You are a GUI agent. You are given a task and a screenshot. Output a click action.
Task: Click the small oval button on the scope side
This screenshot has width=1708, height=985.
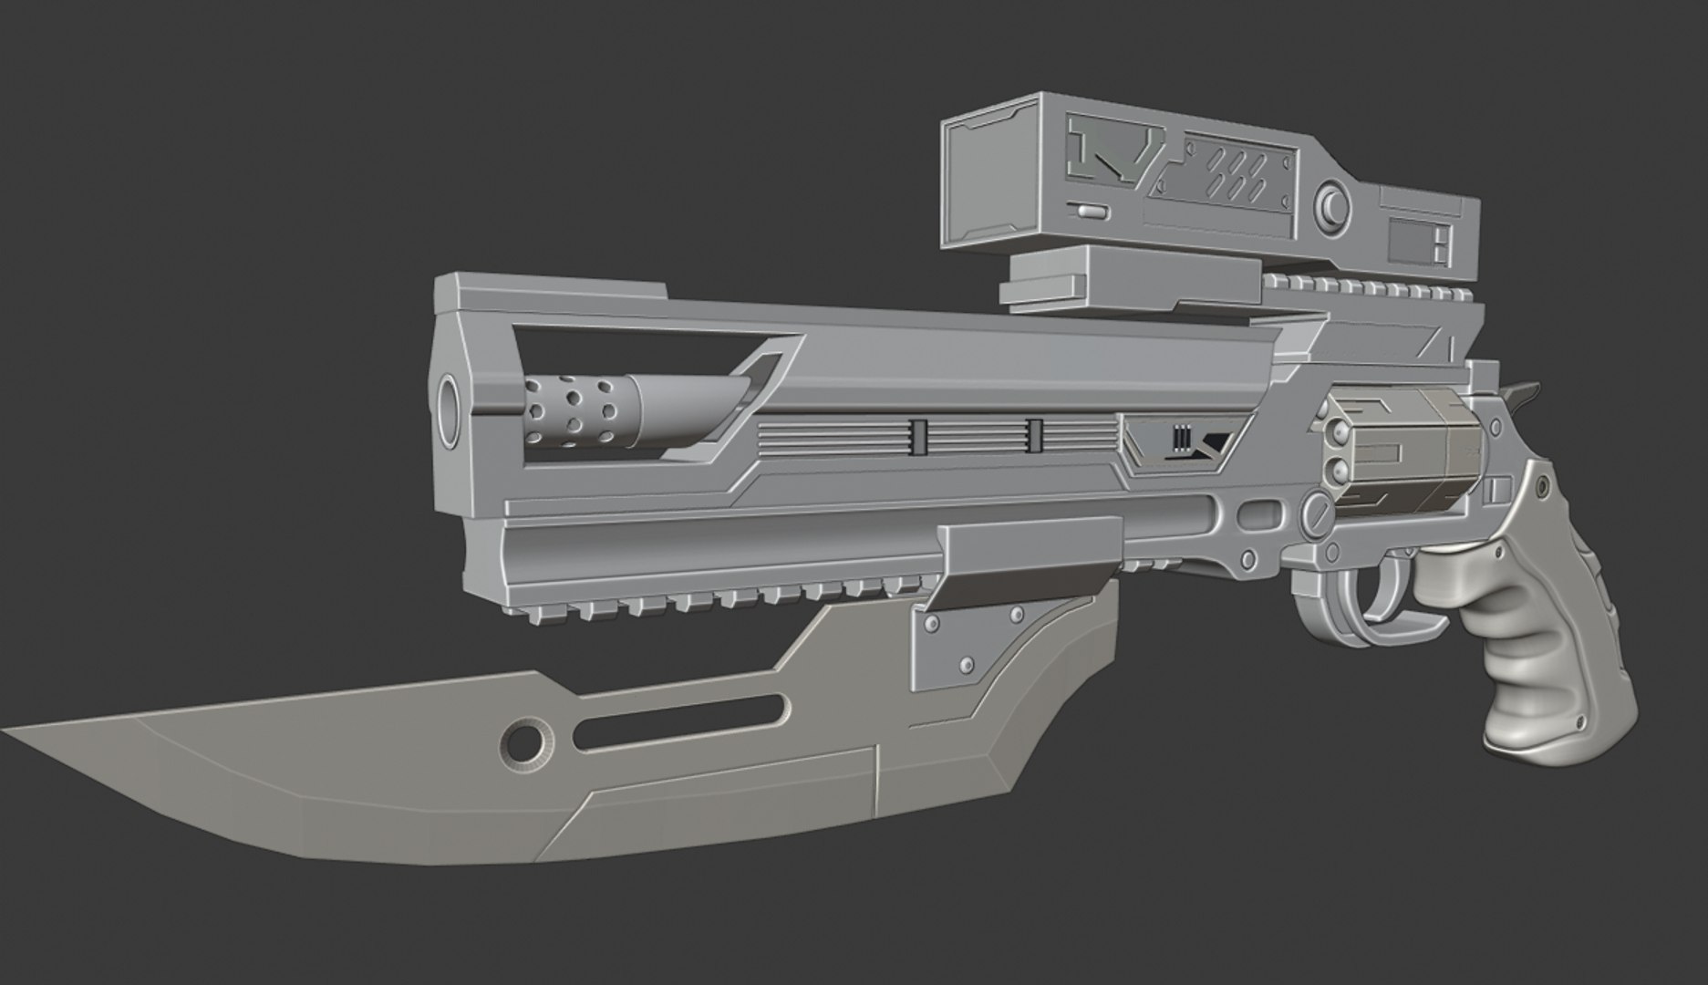point(1090,211)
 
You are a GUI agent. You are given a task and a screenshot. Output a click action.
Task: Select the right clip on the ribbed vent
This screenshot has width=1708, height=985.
point(1034,435)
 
